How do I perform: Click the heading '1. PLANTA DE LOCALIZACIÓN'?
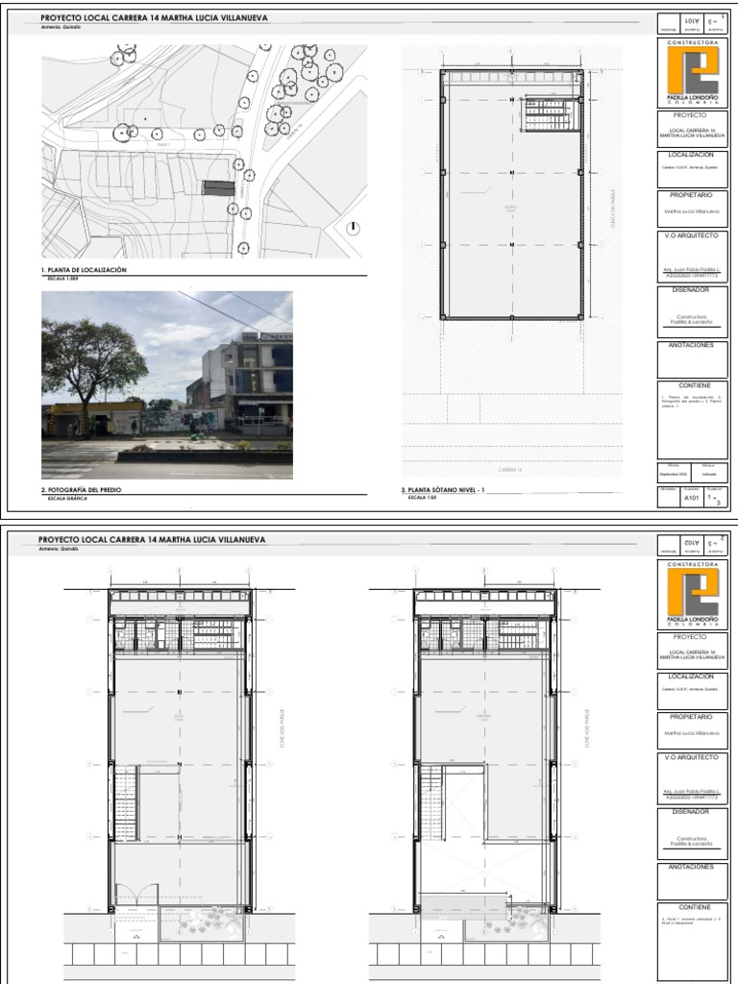click(85, 271)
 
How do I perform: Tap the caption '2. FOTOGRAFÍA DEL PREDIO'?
click(82, 490)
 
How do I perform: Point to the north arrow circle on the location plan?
click(354, 228)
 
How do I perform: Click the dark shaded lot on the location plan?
click(217, 186)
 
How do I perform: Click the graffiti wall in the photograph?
click(183, 421)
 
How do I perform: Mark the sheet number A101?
click(691, 499)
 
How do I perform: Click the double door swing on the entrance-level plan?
click(135, 893)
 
